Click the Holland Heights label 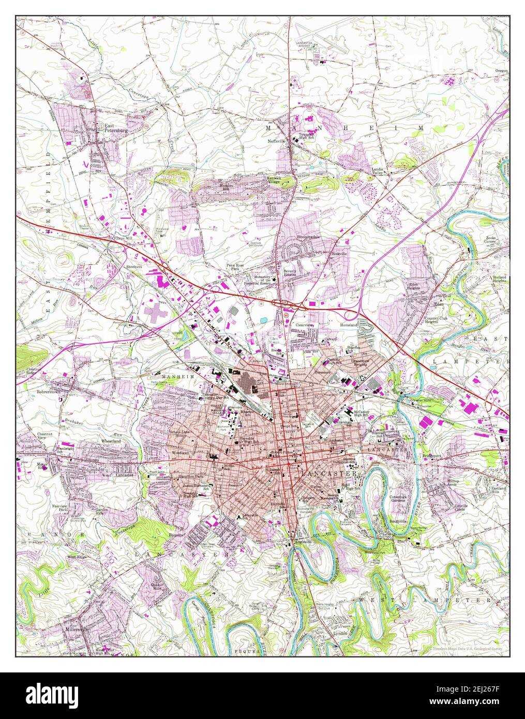pos(499,280)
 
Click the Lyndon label pos(340,634)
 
